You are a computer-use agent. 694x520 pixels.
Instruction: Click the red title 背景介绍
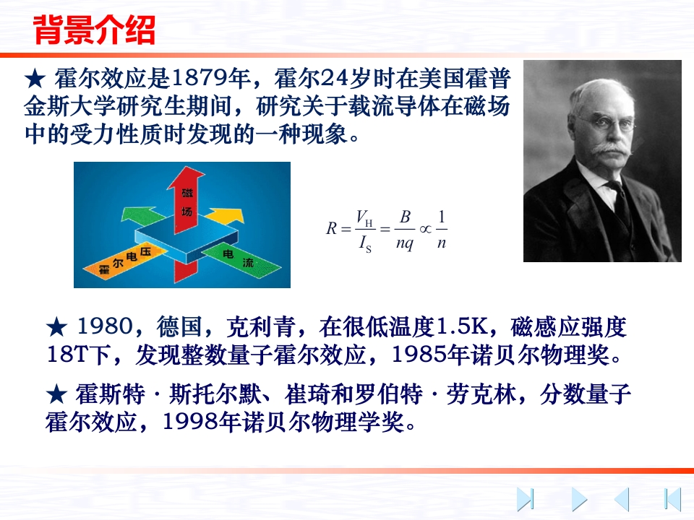[x=94, y=30]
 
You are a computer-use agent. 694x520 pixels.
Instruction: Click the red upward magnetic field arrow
[x=184, y=199]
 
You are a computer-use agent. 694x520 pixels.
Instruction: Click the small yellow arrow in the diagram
[x=226, y=216]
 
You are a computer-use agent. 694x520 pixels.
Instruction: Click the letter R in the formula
[x=332, y=228]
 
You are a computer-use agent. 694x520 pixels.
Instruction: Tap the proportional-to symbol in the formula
[x=425, y=229]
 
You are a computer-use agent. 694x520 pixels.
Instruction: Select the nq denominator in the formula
[x=405, y=243]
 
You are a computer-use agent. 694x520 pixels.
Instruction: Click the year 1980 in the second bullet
[x=105, y=326]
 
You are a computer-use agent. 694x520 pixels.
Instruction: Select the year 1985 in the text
[x=419, y=354]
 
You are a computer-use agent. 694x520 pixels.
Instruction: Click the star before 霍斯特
[x=57, y=394]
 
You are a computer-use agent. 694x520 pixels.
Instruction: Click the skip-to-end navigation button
[x=526, y=500]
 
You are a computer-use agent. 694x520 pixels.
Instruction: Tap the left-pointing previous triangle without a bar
[x=622, y=500]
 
